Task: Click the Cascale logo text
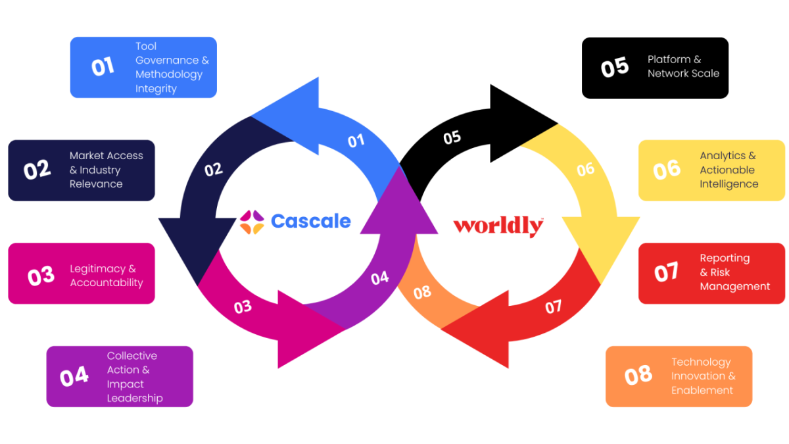click(x=310, y=221)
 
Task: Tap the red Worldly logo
click(x=498, y=226)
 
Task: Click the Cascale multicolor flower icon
click(x=252, y=222)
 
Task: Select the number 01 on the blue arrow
click(x=356, y=141)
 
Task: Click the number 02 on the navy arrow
click(x=214, y=170)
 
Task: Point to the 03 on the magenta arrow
click(x=243, y=307)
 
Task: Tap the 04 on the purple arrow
click(x=379, y=278)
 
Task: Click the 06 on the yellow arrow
click(x=585, y=170)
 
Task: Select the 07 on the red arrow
click(x=554, y=307)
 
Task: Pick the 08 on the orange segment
click(x=422, y=292)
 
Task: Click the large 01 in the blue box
click(x=103, y=67)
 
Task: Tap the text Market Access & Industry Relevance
click(x=106, y=170)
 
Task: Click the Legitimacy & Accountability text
click(x=106, y=276)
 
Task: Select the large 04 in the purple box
click(x=74, y=376)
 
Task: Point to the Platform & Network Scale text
click(x=682, y=66)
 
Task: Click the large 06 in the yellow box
click(x=667, y=170)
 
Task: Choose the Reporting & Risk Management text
click(x=734, y=272)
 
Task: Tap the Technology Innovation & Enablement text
click(x=703, y=376)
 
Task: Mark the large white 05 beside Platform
click(x=615, y=68)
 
